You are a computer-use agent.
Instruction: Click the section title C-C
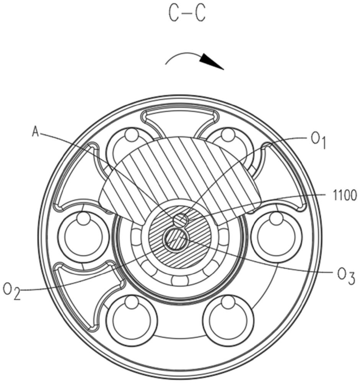[187, 14]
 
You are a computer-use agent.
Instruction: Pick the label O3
[346, 277]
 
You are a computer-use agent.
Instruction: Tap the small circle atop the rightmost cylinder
[277, 218]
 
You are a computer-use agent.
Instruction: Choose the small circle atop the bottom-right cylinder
[228, 302]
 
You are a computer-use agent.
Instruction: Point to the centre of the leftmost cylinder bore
[83, 237]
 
